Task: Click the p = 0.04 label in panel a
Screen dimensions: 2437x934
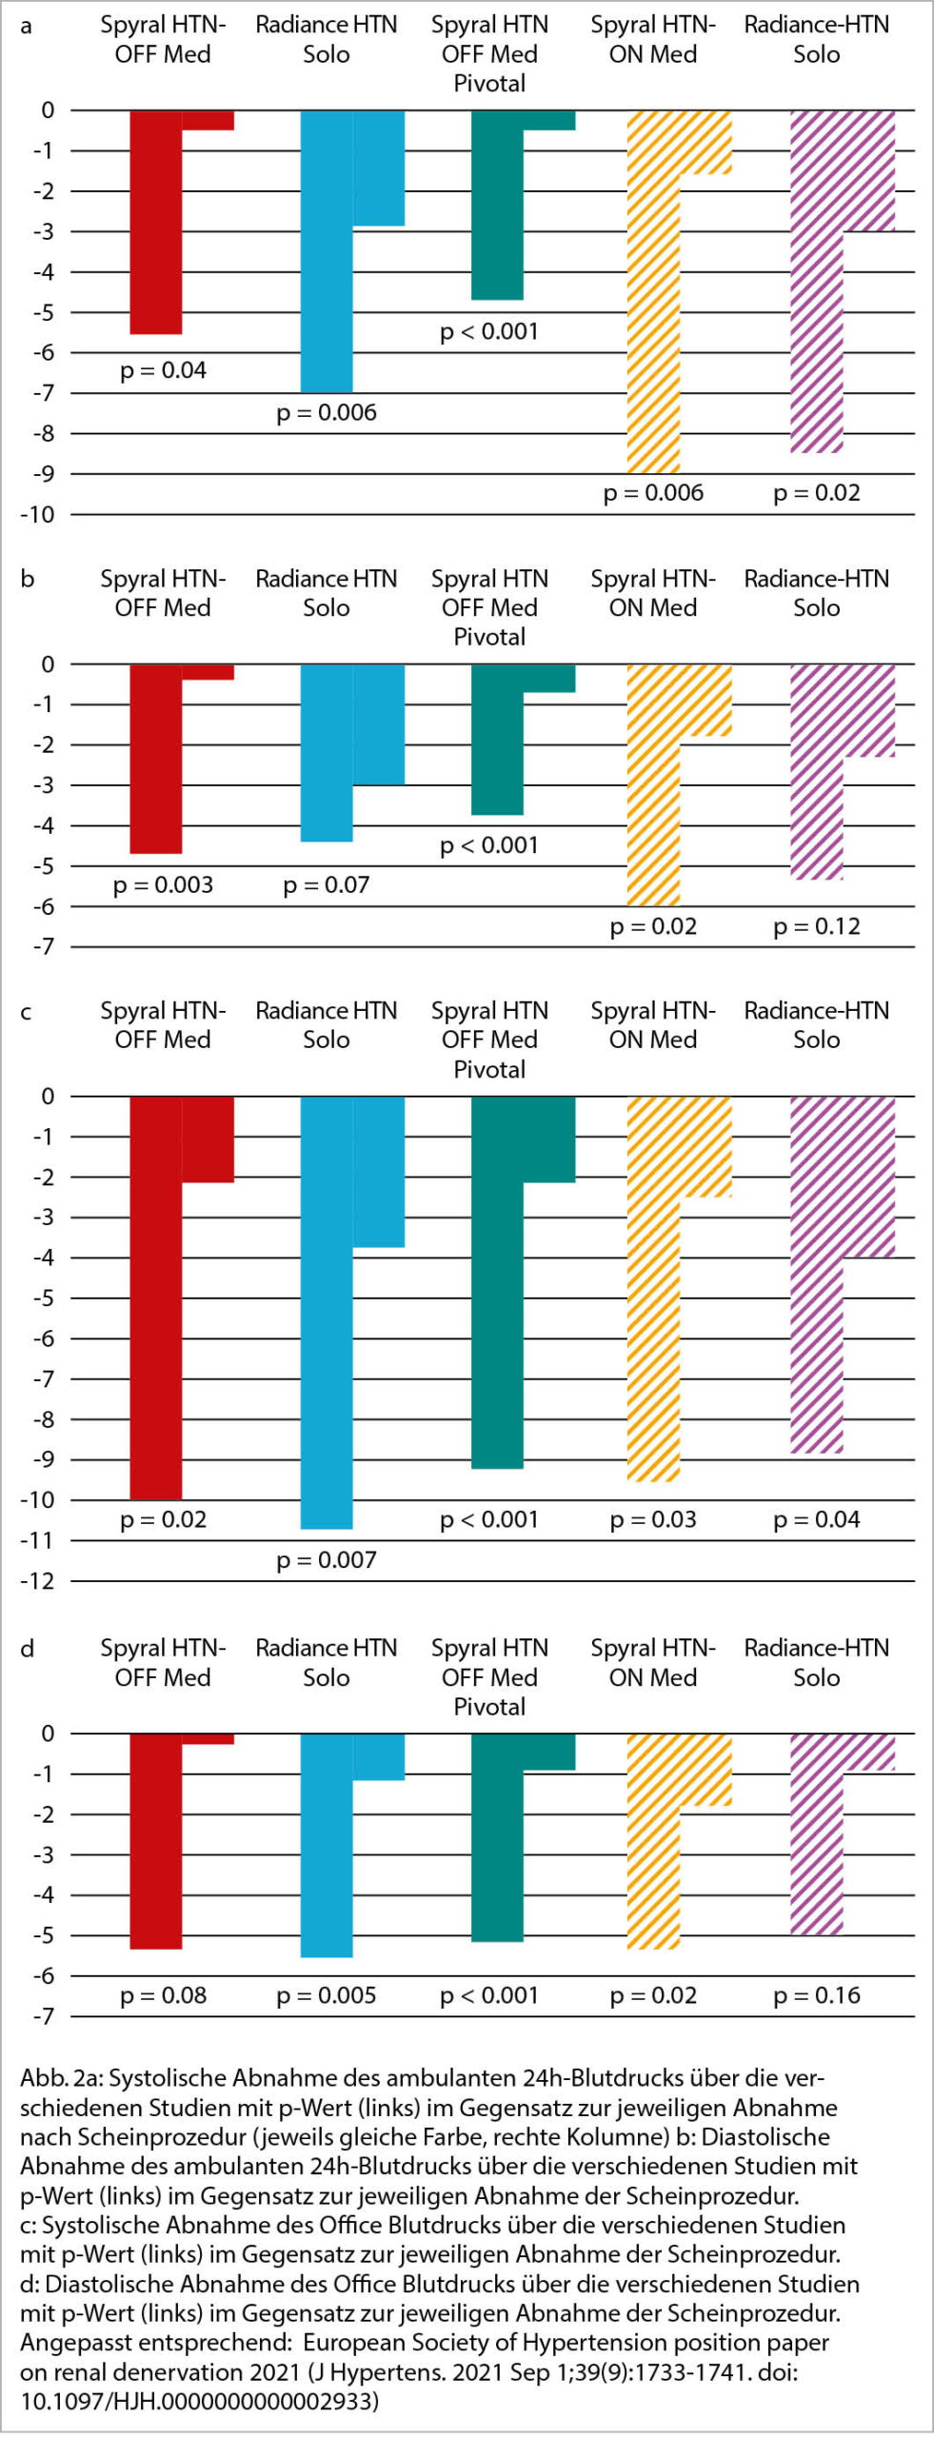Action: point(163,370)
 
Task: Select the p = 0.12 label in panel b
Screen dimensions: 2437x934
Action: point(816,926)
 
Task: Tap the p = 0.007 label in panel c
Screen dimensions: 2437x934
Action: point(326,1560)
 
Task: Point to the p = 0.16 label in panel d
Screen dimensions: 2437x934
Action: point(816,1995)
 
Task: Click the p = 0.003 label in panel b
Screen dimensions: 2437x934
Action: point(163,885)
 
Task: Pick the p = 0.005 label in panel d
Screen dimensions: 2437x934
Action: point(326,1995)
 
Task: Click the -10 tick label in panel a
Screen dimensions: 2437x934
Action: point(38,515)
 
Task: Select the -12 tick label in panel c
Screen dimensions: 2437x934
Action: point(38,1581)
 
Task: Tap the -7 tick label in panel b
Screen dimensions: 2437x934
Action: point(42,947)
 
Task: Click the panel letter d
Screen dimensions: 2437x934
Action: point(27,1649)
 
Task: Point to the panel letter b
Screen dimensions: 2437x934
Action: point(27,580)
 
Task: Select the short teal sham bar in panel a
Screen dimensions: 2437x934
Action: point(549,120)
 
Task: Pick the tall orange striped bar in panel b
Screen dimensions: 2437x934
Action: point(653,785)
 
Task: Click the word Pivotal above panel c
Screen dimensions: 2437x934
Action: point(489,1069)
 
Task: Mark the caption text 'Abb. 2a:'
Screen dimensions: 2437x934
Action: point(58,2078)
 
